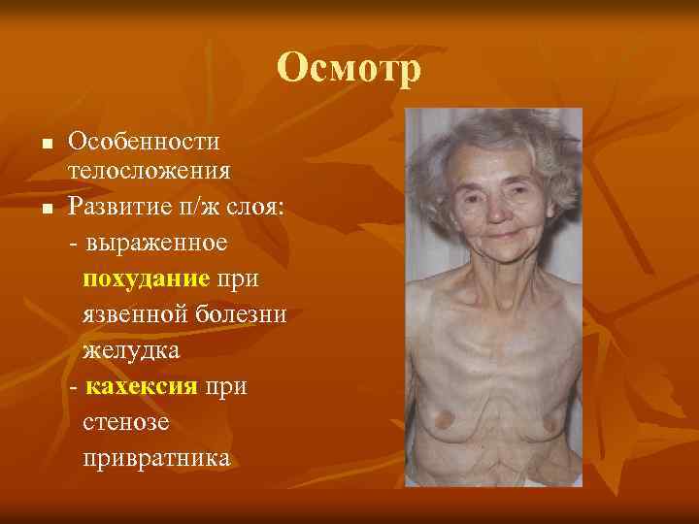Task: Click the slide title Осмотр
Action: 349,68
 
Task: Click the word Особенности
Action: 144,142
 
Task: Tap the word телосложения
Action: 149,172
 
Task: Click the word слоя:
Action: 251,206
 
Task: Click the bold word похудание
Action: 147,279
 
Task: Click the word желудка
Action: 130,349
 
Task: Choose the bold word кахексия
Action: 142,386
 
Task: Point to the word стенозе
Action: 122,421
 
